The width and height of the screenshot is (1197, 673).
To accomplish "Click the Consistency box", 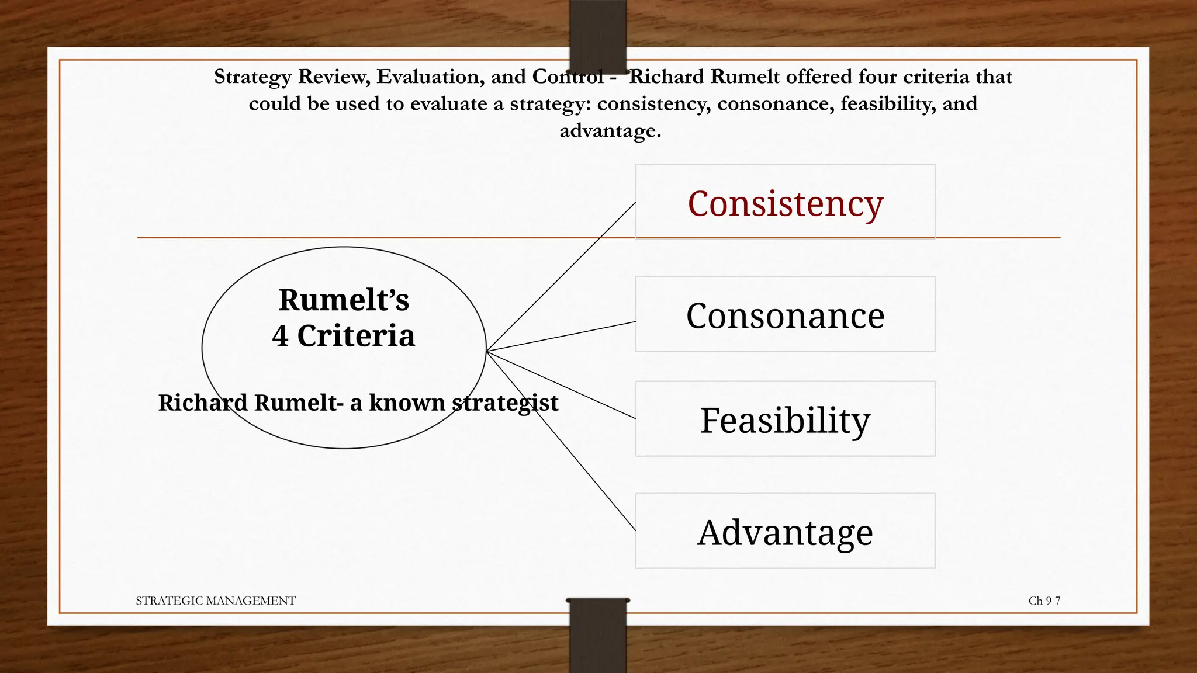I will [785, 202].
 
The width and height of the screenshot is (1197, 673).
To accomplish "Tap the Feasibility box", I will [785, 419].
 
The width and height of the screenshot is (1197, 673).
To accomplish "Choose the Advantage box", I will [785, 531].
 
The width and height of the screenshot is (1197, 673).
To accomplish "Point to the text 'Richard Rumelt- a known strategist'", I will [358, 403].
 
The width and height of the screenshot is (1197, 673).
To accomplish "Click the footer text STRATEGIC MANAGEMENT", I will [216, 601].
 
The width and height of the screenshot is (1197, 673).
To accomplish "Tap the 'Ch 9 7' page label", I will [1044, 601].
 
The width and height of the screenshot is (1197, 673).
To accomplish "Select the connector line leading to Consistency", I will [561, 277].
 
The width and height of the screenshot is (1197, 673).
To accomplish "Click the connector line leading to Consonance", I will [561, 336].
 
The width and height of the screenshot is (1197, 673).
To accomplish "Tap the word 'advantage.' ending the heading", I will [610, 131].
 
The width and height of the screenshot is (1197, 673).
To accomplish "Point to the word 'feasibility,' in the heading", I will [888, 103].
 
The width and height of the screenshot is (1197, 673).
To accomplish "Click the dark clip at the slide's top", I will [597, 35].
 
